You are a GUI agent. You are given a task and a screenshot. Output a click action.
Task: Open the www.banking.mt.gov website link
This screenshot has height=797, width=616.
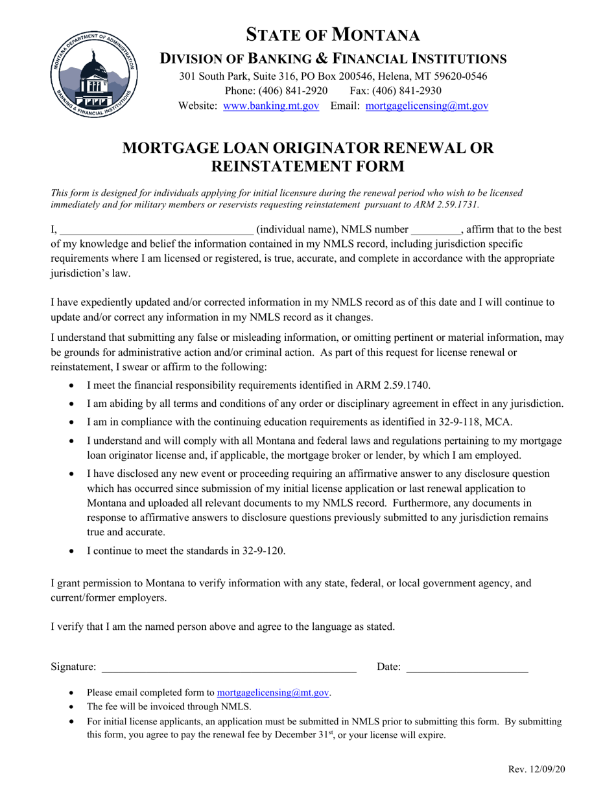pyautogui.click(x=271, y=106)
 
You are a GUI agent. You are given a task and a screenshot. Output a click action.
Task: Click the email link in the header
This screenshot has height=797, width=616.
pyautogui.click(x=427, y=106)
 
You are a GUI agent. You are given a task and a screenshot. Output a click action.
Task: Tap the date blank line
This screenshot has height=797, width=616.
pyautogui.click(x=466, y=667)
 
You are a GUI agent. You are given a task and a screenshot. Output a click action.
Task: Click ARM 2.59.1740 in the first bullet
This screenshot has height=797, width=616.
pyautogui.click(x=396, y=386)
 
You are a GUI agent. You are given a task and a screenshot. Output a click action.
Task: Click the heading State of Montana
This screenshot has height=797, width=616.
pyautogui.click(x=333, y=34)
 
